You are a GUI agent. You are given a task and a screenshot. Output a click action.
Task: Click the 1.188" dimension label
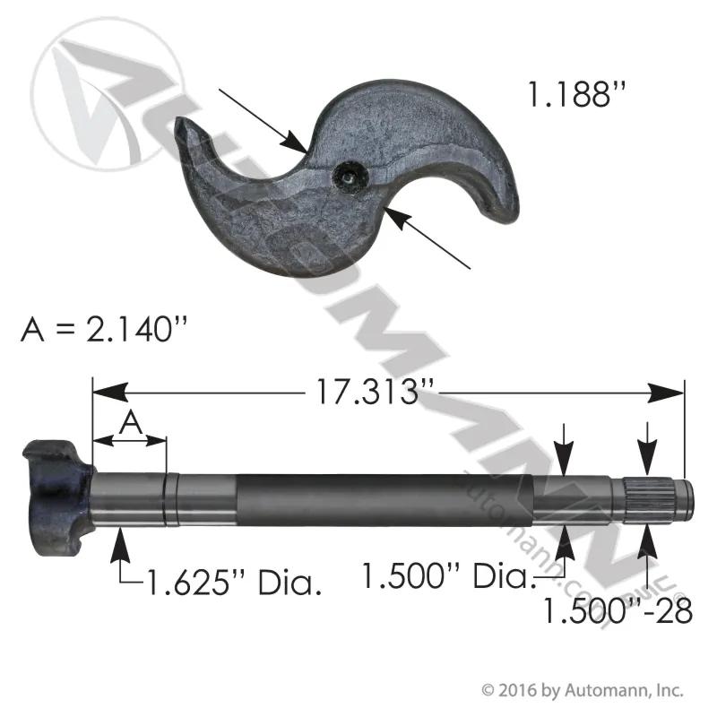[576, 94]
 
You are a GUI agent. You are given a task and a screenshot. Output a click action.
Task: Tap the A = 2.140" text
[104, 329]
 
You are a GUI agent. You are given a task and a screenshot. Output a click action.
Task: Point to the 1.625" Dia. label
[233, 583]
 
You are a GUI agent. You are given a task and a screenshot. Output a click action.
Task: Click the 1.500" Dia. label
[449, 575]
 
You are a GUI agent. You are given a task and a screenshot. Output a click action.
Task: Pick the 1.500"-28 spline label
[618, 610]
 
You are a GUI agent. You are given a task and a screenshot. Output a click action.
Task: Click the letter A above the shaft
[131, 423]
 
